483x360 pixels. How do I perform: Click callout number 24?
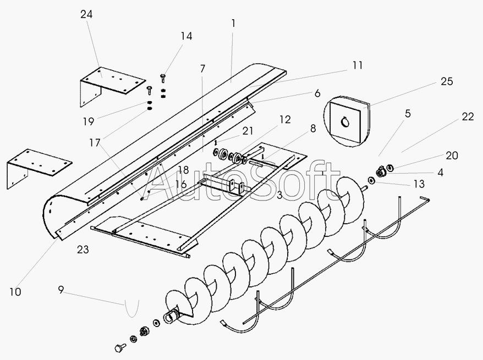coord(86,15)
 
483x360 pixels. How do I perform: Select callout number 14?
coord(186,36)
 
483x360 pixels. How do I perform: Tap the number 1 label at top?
coord(233,23)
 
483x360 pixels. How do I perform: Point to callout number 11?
coord(358,65)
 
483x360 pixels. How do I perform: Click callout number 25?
coord(446,81)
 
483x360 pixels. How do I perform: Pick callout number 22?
coord(468,117)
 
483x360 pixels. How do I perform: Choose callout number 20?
coord(451,156)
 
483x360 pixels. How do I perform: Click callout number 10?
coord(15,292)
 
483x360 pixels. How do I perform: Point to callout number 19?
coord(89,121)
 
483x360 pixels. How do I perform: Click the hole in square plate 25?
coord(346,122)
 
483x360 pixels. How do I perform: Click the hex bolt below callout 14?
coord(163,77)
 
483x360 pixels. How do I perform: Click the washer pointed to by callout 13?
coord(372,180)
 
